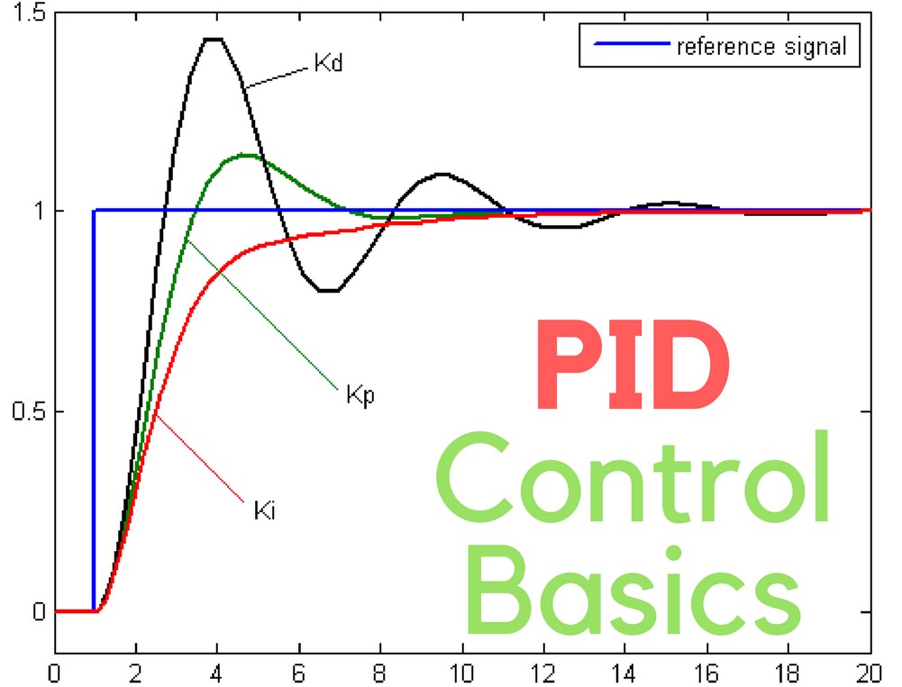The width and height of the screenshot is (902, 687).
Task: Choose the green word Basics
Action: pos(635,586)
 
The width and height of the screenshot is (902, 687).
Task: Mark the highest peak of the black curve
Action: pos(214,39)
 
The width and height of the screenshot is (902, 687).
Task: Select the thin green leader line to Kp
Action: pos(261,315)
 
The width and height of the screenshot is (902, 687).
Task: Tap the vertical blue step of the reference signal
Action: pos(94,405)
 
